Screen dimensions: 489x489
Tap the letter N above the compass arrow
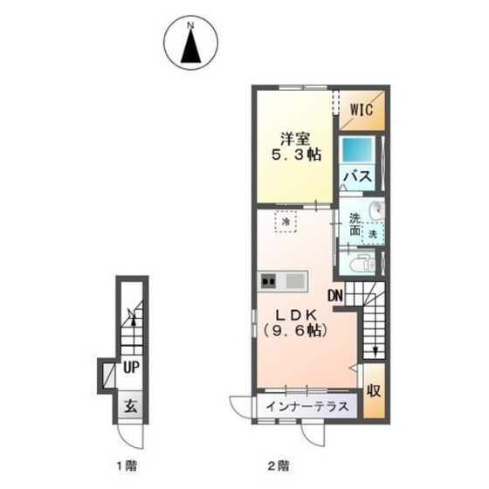[191, 26]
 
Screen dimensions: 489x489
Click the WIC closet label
[362, 109]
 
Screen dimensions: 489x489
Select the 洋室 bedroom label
[295, 139]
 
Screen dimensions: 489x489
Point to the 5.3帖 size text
[296, 155]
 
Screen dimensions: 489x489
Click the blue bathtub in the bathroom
[358, 150]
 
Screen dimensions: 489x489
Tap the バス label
[358, 176]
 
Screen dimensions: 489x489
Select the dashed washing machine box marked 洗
[373, 234]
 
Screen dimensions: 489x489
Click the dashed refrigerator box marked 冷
[286, 222]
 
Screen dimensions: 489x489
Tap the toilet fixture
[362, 265]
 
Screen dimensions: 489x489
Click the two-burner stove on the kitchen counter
[269, 281]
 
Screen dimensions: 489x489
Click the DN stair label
[335, 296]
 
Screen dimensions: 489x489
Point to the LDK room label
[296, 315]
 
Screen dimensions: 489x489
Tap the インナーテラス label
[307, 407]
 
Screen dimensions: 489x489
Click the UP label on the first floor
[131, 368]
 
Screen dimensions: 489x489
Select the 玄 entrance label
[131, 406]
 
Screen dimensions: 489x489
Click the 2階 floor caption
[279, 466]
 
